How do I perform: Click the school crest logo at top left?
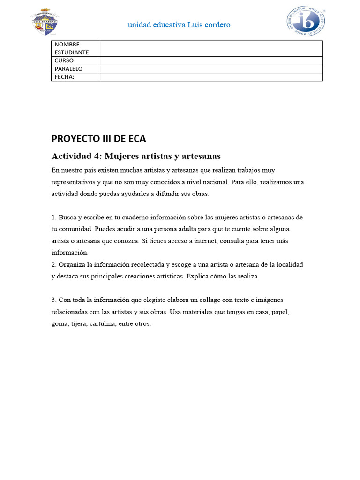45,22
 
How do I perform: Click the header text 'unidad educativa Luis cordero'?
179,25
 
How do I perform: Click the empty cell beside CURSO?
211,60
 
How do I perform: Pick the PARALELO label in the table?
68,69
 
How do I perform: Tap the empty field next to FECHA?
211,77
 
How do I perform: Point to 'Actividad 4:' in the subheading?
76,156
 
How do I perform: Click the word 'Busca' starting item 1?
67,217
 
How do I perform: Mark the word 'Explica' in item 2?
197,276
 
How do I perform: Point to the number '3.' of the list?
54,300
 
